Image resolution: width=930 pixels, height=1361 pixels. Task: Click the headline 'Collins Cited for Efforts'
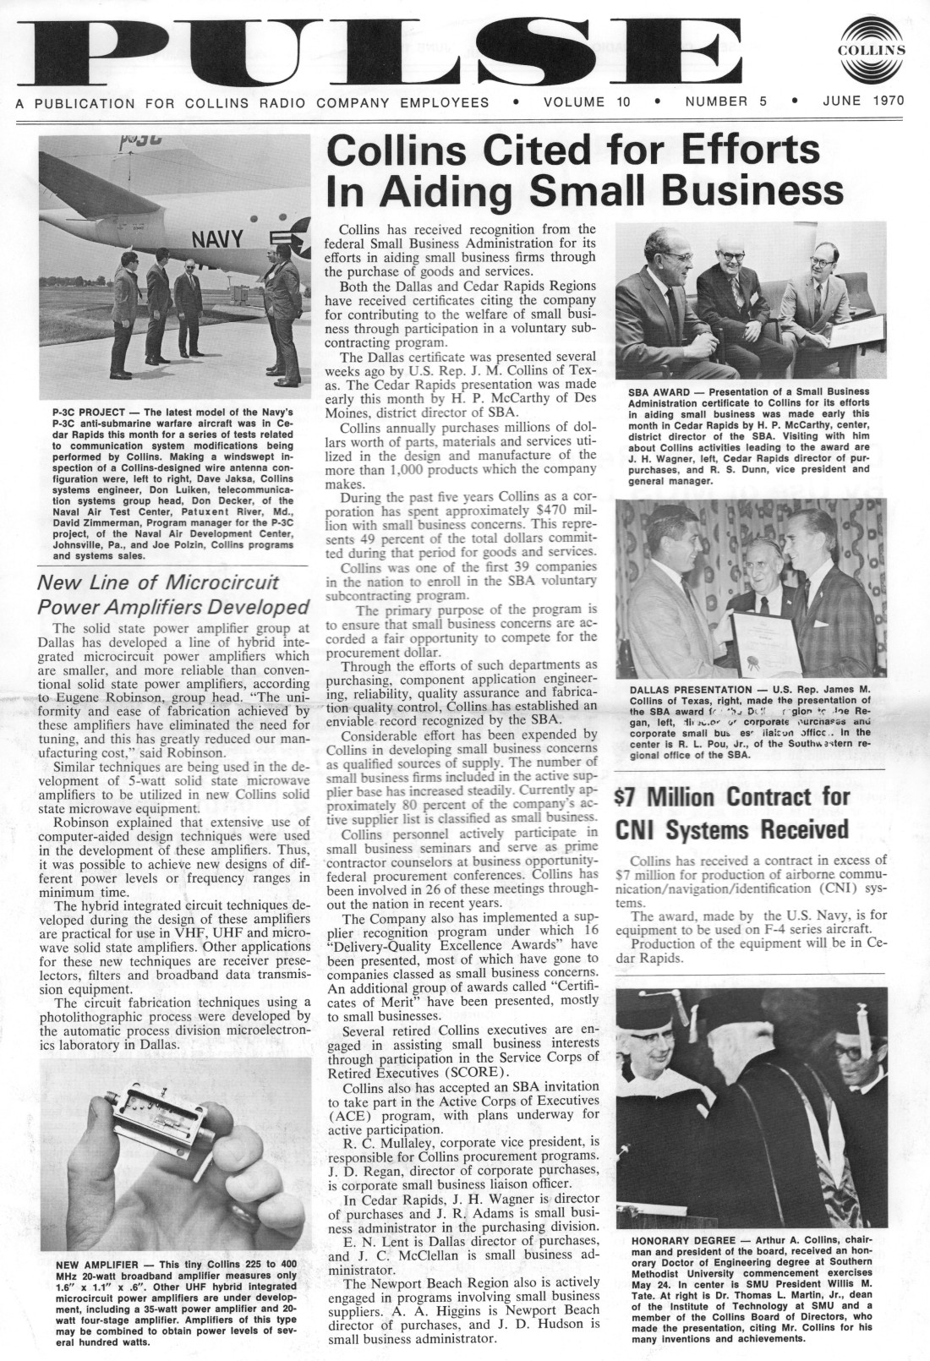(573, 150)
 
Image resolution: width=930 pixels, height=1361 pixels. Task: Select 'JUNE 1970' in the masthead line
(863, 101)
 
